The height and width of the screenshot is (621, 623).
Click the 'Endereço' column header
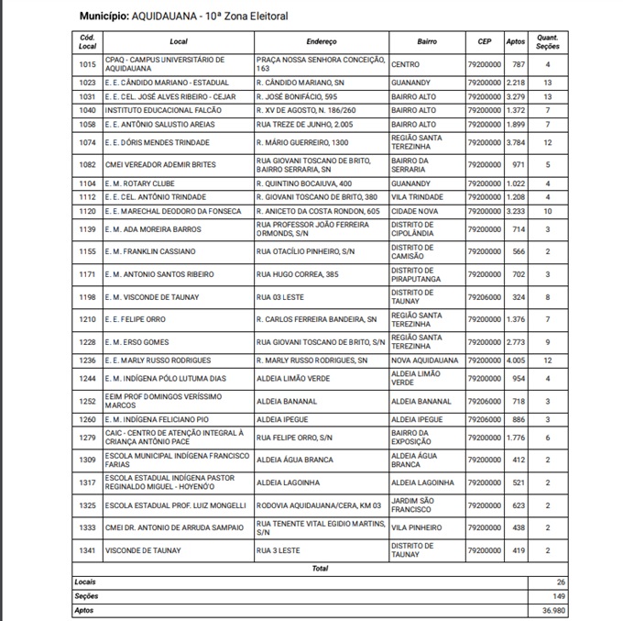tap(321, 42)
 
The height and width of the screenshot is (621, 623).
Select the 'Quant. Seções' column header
tap(547, 42)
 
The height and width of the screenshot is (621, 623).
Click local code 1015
tap(87, 65)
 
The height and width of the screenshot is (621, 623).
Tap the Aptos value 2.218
tap(516, 83)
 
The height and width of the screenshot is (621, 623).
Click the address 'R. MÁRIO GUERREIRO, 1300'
tap(303, 142)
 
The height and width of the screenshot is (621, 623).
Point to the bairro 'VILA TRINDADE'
tap(417, 197)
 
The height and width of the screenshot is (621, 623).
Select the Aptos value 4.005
tap(516, 360)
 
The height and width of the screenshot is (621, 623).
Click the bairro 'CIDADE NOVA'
tap(414, 211)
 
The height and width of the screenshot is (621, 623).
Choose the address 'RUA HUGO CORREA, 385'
tap(298, 274)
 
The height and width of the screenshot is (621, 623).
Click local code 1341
tap(87, 550)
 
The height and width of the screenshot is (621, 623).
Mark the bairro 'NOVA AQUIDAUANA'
tap(424, 360)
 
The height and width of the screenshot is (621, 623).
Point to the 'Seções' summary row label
tap(86, 596)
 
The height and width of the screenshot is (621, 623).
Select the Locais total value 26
tap(560, 582)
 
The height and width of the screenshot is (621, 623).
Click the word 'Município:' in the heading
tap(104, 17)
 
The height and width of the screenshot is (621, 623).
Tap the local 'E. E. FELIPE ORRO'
tap(137, 319)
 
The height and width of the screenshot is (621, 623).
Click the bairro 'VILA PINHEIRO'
tap(417, 527)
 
